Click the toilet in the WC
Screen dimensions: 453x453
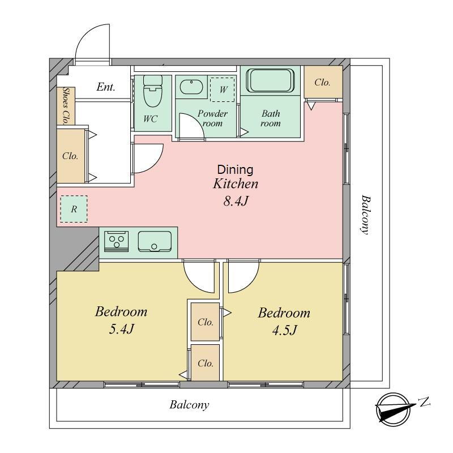click(152, 91)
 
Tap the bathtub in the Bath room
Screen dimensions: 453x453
click(270, 80)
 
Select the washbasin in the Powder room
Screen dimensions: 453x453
click(191, 87)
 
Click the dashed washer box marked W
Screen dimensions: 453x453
click(223, 89)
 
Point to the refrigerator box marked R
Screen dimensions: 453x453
click(74, 209)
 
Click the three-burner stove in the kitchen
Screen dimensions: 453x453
click(116, 241)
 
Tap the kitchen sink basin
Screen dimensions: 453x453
click(155, 242)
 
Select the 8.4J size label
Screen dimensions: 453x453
click(236, 201)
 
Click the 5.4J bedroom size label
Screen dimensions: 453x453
click(121, 329)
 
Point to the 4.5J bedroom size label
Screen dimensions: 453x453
click(284, 330)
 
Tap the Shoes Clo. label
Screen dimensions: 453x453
click(66, 106)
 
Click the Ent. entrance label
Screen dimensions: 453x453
click(106, 87)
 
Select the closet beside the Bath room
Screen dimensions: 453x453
click(323, 82)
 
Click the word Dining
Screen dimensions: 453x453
click(235, 169)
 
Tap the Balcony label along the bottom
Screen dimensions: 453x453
click(189, 405)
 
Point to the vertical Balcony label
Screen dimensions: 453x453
click(365, 215)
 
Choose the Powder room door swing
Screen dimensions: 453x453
click(192, 126)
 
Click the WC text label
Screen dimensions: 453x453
click(150, 119)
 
